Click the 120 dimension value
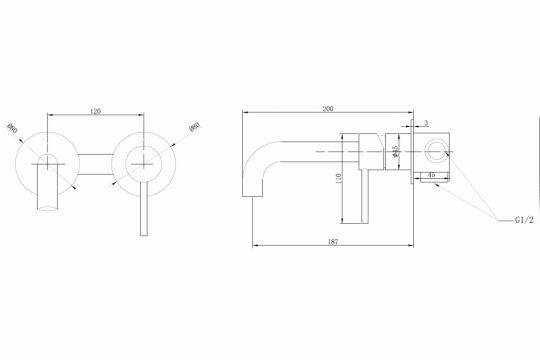click(x=96, y=112)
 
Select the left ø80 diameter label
click(x=12, y=130)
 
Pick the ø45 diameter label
click(x=396, y=155)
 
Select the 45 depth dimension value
click(x=430, y=176)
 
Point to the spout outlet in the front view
click(x=46, y=207)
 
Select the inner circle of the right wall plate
click(x=142, y=160)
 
